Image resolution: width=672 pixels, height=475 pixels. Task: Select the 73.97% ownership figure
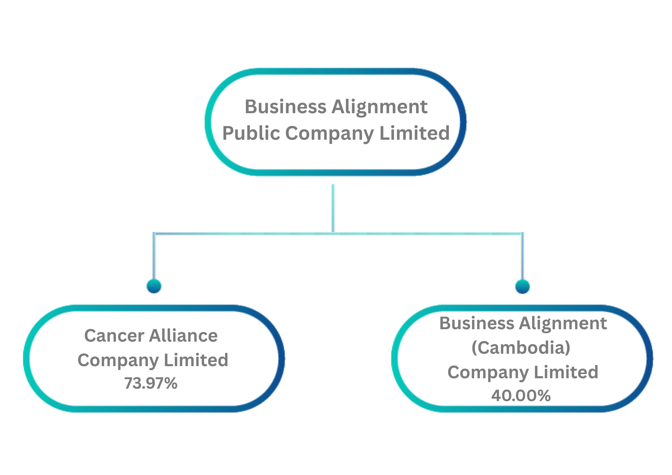[151, 383]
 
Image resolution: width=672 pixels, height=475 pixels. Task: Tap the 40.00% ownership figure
[521, 396]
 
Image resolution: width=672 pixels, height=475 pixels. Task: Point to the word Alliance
[183, 336]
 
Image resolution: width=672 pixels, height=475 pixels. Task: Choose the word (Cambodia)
[521, 348]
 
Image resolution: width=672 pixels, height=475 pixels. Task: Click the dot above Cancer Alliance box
[154, 286]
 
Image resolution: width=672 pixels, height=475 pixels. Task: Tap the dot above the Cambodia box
[522, 286]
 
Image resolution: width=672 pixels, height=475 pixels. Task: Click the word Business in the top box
[286, 107]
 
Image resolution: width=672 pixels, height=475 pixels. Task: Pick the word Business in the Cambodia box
[476, 323]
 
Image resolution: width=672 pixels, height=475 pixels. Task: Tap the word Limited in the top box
[414, 133]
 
